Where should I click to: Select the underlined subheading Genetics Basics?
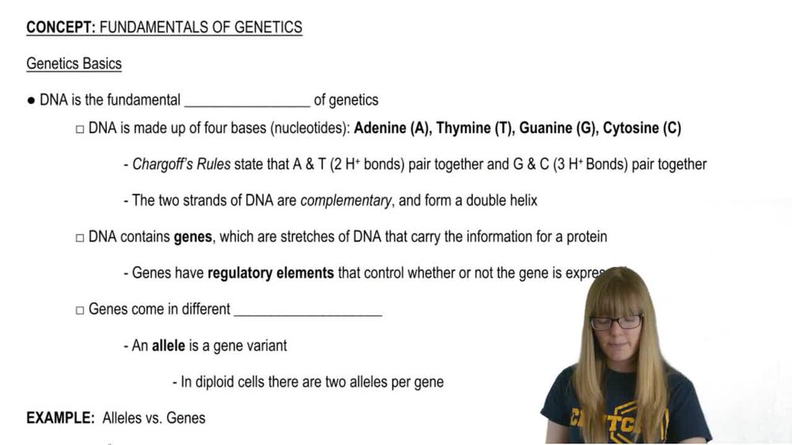pos(74,63)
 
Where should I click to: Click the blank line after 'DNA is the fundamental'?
pos(246,101)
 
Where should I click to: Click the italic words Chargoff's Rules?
pos(181,165)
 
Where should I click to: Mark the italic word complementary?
pos(346,200)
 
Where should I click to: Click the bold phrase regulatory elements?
pos(270,273)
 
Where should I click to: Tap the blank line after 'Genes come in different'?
pos(308,310)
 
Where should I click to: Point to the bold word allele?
pos(169,346)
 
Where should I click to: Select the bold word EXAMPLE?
pos(60,418)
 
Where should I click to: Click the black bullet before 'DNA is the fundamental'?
pos(31,101)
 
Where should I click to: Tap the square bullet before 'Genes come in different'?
pos(79,310)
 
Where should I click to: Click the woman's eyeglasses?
pos(616,322)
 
